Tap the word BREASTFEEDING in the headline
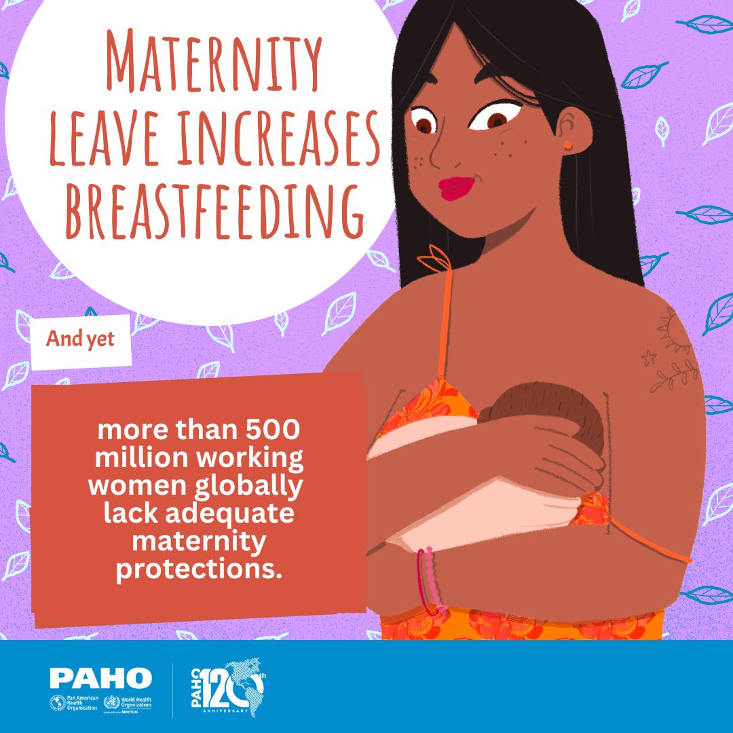click(214, 211)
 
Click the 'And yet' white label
click(80, 340)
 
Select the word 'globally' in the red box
click(248, 487)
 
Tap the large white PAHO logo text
click(100, 678)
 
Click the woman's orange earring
click(567, 145)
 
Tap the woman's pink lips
click(457, 187)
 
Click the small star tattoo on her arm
click(649, 358)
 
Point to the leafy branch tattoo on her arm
click(674, 375)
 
